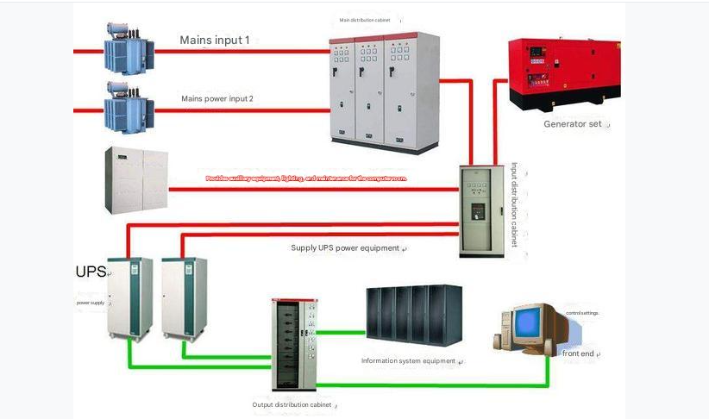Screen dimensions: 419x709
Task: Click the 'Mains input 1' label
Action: tap(214, 40)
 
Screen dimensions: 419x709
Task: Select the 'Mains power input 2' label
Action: tap(216, 98)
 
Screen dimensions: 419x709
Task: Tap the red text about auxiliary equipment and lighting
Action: tap(305, 178)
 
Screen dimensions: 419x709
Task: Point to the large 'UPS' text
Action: tap(91, 272)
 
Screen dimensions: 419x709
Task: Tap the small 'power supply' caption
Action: tap(90, 303)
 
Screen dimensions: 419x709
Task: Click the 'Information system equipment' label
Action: tap(408, 360)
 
